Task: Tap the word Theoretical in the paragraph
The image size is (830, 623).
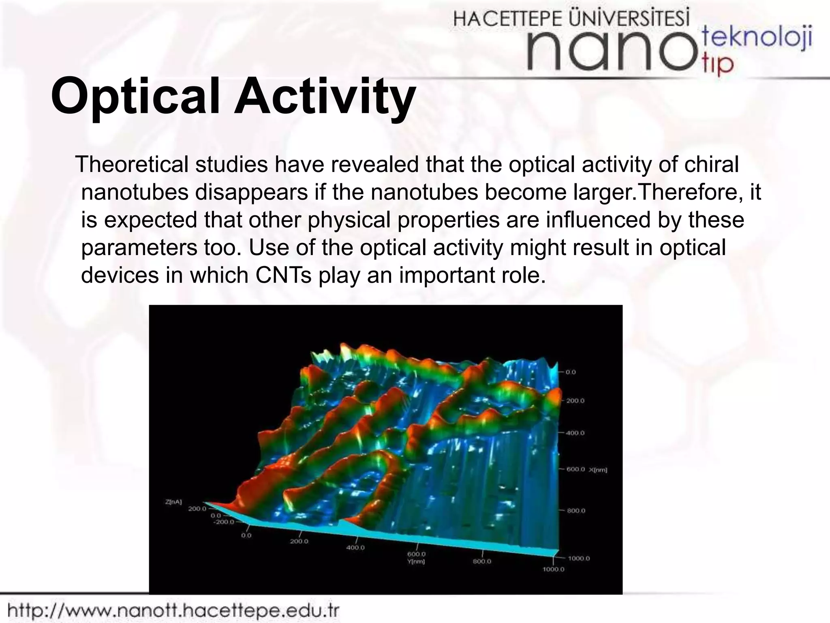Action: pos(132,165)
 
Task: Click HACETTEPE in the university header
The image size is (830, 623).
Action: pos(509,19)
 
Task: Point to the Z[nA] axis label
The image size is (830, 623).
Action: pos(174,502)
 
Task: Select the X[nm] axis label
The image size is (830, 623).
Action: pos(598,470)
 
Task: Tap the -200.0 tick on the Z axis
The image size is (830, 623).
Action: pos(224,522)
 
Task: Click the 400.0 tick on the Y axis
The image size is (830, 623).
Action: pos(355,548)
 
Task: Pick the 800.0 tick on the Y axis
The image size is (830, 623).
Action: pos(482,561)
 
